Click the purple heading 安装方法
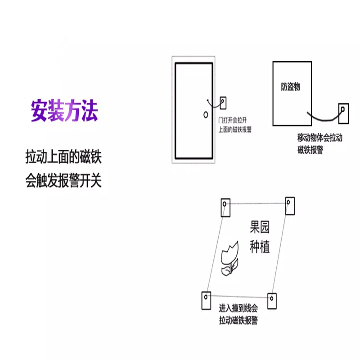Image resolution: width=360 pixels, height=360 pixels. coord(64,111)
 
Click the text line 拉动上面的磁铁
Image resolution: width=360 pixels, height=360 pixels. coord(64,158)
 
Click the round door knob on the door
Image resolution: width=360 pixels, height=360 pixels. coord(206,114)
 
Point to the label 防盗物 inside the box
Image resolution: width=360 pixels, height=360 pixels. coord(290,87)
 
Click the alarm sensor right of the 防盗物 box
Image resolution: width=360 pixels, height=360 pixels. coord(343,113)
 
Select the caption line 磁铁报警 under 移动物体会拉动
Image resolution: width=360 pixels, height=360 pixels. coord(310,150)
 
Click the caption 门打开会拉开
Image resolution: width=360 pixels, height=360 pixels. coord(232,120)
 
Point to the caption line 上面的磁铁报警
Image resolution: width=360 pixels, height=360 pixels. coord(235,130)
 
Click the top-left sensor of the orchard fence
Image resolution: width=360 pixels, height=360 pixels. coord(225,207)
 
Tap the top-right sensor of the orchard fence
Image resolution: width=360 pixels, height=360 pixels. coord(289,205)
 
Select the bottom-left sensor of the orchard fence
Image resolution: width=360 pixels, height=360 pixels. coord(205,300)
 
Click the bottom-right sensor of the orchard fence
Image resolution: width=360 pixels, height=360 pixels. coord(272,300)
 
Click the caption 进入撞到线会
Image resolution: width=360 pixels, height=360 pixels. coord(238,309)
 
